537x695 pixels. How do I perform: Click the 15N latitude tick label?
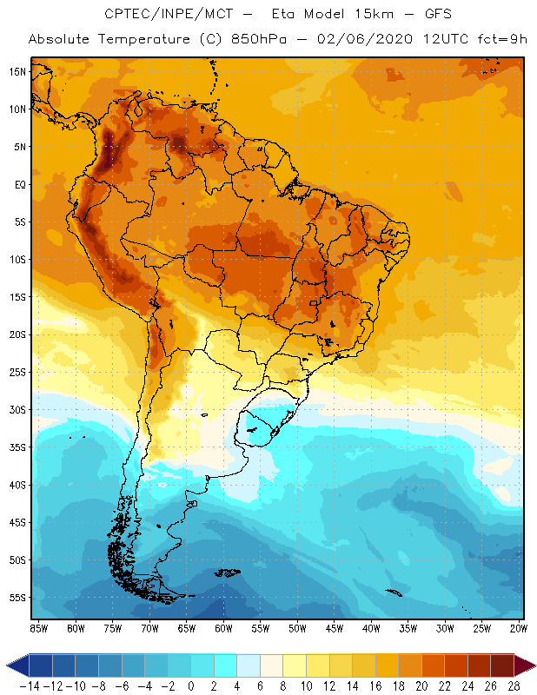[x=17, y=71]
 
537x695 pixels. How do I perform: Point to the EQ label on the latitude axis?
[x=17, y=184]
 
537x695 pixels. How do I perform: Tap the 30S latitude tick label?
[x=17, y=409]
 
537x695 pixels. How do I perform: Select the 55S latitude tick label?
[x=17, y=598]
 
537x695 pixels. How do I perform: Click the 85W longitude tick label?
[x=38, y=627]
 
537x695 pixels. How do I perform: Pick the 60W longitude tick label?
[x=223, y=627]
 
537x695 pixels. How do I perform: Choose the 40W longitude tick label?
[x=371, y=627]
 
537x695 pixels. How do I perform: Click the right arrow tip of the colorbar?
[x=531, y=665]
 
